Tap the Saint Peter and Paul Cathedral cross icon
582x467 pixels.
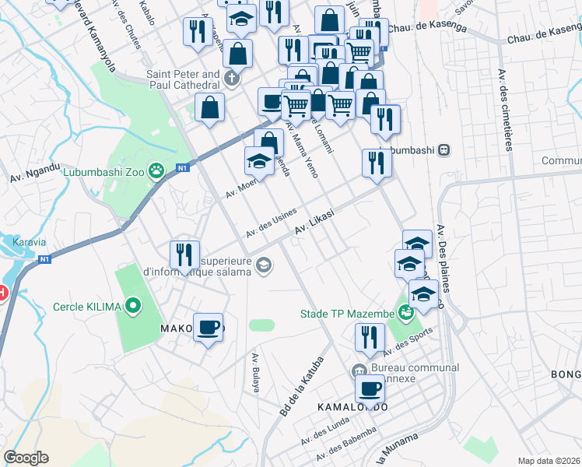click(x=231, y=79)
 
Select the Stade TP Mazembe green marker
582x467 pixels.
click(x=405, y=314)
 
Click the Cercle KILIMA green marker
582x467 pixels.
click(x=133, y=307)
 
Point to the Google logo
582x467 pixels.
click(x=26, y=458)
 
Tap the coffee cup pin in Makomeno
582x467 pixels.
click(x=208, y=327)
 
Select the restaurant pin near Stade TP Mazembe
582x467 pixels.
click(x=370, y=336)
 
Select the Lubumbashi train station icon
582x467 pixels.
click(x=444, y=149)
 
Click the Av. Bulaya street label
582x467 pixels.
click(x=254, y=373)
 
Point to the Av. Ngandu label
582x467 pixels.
click(x=35, y=172)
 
